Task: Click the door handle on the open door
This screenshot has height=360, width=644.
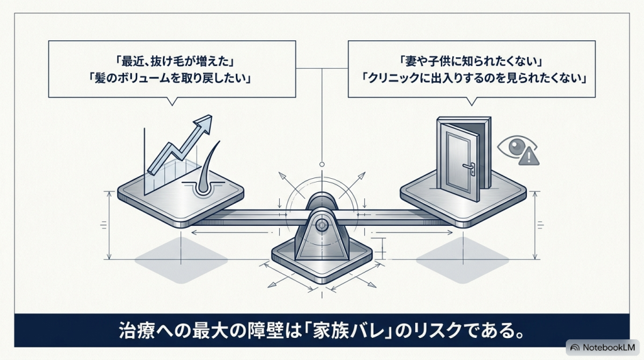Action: coord(470,167)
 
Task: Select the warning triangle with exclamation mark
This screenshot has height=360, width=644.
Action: coord(529,157)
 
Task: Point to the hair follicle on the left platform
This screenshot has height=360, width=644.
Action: coord(204,172)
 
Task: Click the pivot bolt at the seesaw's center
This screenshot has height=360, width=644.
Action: coord(321,225)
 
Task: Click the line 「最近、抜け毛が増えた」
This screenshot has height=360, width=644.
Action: coord(172,62)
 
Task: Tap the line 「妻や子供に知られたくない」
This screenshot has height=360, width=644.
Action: coord(472,62)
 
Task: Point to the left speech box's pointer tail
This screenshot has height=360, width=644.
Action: coord(172,101)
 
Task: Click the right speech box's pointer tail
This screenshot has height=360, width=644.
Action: coord(472,101)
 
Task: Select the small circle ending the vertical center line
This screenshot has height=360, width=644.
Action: coord(322,164)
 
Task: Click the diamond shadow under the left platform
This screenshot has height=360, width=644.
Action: coord(181,260)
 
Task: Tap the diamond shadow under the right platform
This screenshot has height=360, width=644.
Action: coord(462,260)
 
